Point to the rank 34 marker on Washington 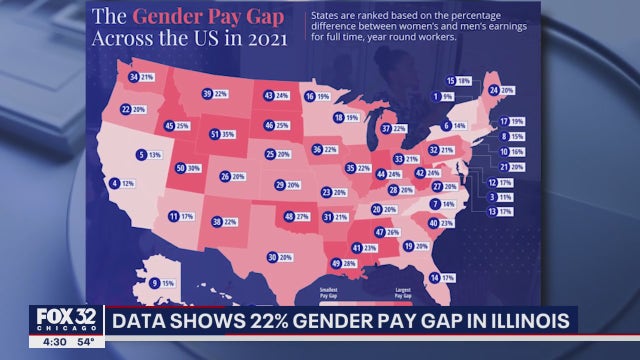[x=134, y=77]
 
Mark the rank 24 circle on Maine [x=494, y=90]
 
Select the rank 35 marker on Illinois [x=351, y=168]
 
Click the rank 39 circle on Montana [x=207, y=94]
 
